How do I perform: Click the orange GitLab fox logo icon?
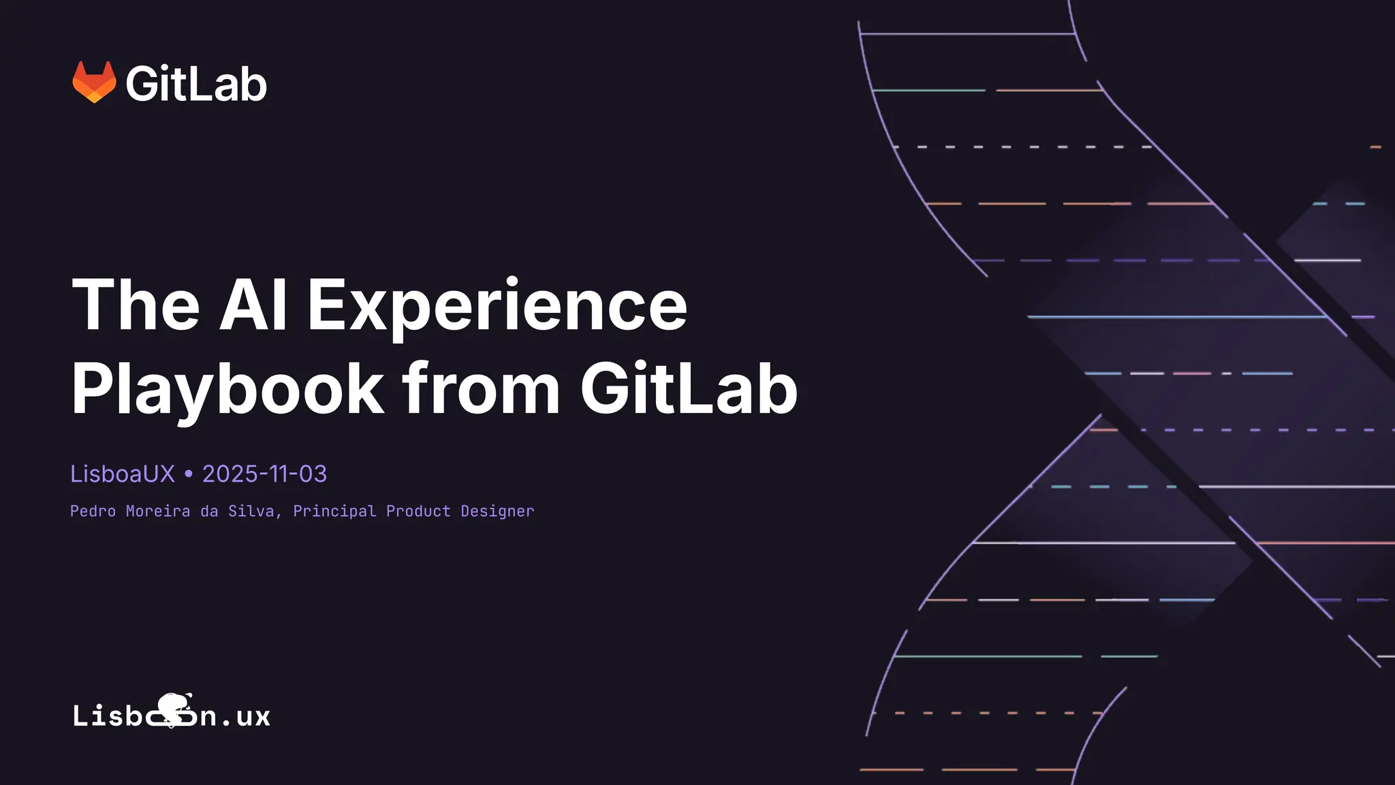94,82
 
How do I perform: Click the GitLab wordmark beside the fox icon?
196,84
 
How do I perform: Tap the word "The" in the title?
136,305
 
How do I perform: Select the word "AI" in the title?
253,305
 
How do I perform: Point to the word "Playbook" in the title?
228,390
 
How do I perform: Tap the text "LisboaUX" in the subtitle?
123,474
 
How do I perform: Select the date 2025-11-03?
264,474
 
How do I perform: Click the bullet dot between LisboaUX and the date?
189,474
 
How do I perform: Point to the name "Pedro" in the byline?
93,511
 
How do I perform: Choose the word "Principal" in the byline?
334,512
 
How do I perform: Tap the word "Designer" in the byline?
497,512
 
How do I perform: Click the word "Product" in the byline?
418,511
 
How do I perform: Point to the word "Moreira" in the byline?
158,511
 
